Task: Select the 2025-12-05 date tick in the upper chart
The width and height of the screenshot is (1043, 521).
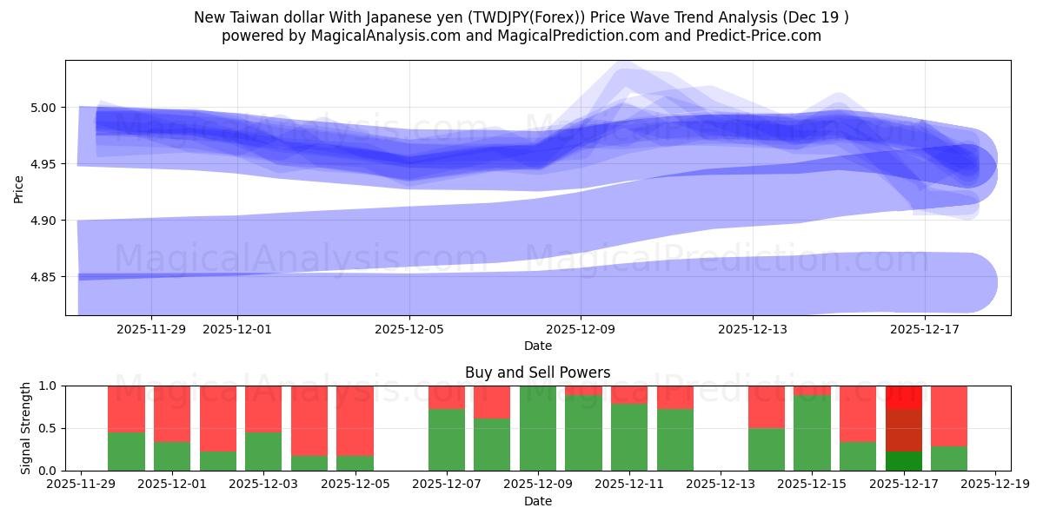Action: tap(409, 329)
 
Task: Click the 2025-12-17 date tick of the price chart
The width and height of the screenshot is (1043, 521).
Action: tap(925, 329)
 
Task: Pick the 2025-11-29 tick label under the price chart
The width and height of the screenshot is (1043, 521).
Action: tap(151, 329)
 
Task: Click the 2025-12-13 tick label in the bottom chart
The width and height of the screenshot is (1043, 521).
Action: tap(721, 485)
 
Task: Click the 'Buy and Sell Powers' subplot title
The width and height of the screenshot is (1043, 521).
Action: tap(537, 373)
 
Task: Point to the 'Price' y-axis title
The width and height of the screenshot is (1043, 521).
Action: tap(19, 188)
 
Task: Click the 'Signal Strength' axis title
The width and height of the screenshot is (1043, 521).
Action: tap(26, 428)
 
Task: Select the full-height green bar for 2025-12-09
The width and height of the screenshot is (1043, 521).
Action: tap(538, 428)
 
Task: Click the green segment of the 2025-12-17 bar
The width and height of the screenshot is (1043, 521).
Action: tap(904, 461)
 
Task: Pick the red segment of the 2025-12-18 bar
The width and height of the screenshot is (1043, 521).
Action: tap(949, 415)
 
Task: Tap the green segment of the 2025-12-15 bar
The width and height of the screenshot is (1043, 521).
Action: tap(812, 432)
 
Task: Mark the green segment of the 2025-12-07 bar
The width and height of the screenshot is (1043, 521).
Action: tap(447, 439)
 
